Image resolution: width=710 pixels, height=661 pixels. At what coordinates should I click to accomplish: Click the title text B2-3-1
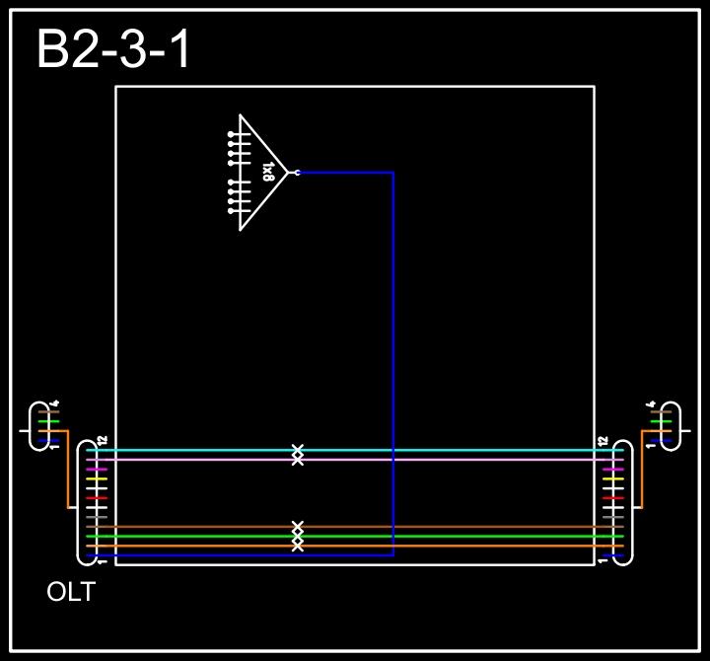[113, 50]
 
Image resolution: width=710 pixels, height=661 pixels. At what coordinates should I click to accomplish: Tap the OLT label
[71, 593]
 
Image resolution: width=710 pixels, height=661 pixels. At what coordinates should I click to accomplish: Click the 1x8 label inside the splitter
[267, 173]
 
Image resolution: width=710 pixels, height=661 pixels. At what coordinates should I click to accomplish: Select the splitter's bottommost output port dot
[231, 211]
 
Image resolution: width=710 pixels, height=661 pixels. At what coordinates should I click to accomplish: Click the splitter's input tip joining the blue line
[297, 173]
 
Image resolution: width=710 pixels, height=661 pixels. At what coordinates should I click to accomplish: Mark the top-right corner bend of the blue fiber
[393, 173]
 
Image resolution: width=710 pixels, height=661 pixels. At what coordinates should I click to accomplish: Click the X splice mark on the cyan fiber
[298, 450]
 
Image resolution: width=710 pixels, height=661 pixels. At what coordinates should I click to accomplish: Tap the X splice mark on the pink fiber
[298, 460]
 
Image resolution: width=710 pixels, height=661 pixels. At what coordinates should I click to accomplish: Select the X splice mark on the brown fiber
[298, 527]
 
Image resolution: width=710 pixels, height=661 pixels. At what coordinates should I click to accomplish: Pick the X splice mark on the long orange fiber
[298, 546]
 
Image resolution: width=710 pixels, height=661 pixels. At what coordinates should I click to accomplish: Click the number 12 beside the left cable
[103, 439]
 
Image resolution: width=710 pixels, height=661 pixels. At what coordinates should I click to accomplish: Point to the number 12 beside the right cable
[603, 439]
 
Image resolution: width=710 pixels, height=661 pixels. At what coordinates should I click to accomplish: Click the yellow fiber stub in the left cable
[97, 478]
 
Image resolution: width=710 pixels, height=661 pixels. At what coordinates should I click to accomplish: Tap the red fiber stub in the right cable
[613, 497]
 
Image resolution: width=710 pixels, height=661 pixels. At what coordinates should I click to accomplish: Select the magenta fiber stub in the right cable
[613, 469]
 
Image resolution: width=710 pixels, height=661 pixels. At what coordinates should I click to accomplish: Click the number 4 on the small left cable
[56, 403]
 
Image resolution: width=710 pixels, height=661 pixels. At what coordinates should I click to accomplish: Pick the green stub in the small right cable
[660, 421]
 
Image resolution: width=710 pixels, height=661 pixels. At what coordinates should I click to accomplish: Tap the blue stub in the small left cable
[45, 440]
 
